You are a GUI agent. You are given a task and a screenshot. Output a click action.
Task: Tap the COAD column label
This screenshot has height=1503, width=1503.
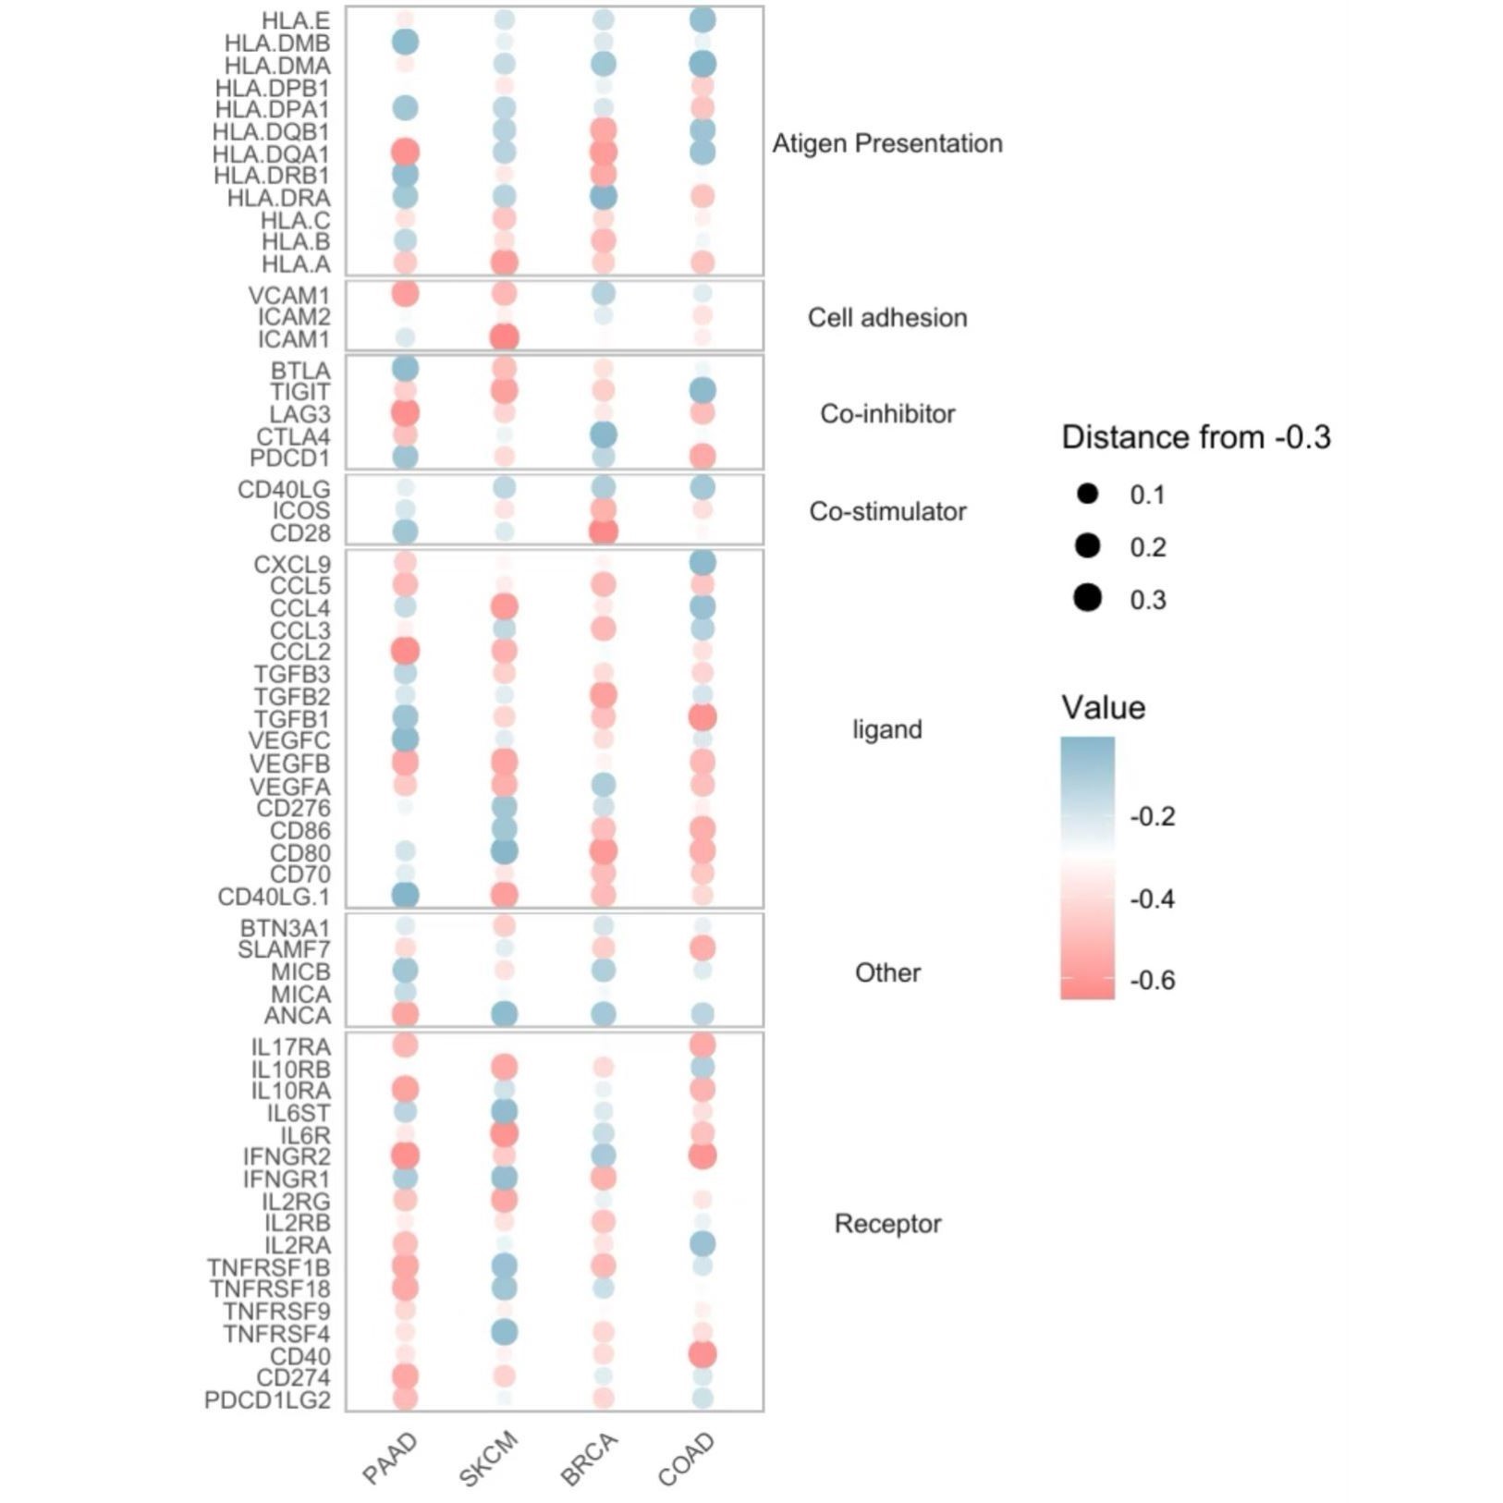click(x=686, y=1459)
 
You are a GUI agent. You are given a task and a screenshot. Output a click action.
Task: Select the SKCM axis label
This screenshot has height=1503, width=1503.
click(x=488, y=1459)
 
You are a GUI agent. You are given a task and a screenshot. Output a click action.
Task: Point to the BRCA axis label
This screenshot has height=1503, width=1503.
click(x=589, y=1460)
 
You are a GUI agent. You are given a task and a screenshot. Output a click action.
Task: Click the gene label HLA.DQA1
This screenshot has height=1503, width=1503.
click(x=271, y=153)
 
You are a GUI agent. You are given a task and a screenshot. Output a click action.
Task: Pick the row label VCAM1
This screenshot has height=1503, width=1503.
click(x=288, y=296)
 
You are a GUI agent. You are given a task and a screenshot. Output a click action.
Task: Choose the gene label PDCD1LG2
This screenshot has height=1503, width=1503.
click(x=267, y=1400)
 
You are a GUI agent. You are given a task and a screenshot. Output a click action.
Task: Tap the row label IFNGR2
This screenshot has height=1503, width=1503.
click(x=287, y=1156)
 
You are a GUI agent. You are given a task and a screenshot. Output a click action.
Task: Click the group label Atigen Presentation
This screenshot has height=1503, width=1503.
click(x=887, y=143)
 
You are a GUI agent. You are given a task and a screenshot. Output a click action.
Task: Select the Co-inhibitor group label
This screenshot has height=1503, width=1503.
click(x=887, y=413)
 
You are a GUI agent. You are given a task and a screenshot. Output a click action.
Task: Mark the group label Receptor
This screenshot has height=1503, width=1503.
click(x=887, y=1224)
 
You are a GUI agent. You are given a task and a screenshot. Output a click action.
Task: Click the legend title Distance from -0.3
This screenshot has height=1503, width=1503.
click(x=1196, y=437)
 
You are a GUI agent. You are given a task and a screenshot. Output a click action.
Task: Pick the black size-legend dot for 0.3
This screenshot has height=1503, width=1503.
click(x=1088, y=598)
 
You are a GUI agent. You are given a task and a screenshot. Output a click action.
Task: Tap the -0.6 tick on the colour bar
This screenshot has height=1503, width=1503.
click(x=1153, y=980)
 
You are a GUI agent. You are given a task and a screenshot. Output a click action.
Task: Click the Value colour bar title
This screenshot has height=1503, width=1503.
click(x=1104, y=708)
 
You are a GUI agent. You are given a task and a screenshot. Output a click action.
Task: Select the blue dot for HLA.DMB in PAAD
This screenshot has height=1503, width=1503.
click(x=405, y=42)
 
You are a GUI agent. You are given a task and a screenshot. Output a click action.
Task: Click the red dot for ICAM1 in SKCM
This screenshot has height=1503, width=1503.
click(x=504, y=337)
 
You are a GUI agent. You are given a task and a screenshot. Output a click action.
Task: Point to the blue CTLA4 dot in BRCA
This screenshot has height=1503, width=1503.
click(x=603, y=434)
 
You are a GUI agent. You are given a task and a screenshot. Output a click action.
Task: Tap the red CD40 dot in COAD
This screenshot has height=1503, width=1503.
click(x=703, y=1355)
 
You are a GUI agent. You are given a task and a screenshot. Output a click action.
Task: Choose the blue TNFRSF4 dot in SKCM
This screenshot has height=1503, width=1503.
click(x=504, y=1332)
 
